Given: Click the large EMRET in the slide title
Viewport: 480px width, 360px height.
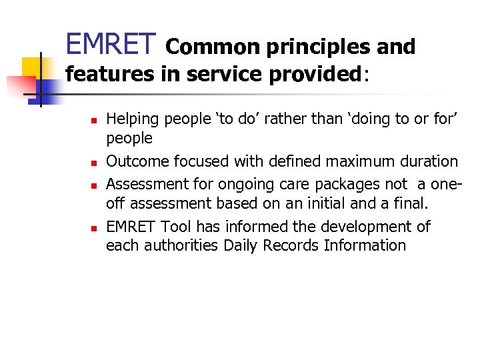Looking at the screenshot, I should tap(111, 45).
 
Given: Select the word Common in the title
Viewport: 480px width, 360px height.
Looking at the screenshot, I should tap(205, 47).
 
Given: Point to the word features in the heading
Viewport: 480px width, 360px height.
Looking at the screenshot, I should tap(109, 74).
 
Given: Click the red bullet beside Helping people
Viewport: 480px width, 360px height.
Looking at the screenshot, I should tap(93, 121).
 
